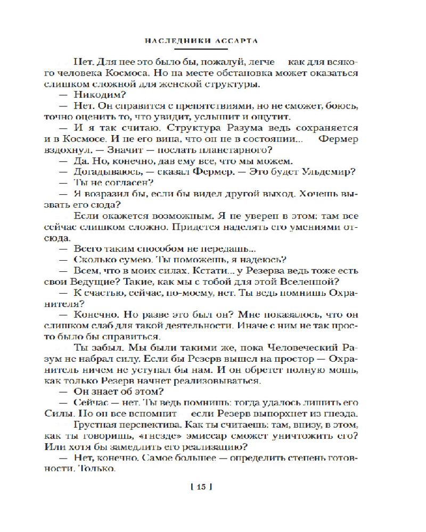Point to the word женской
pyautogui.click(x=181, y=84)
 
